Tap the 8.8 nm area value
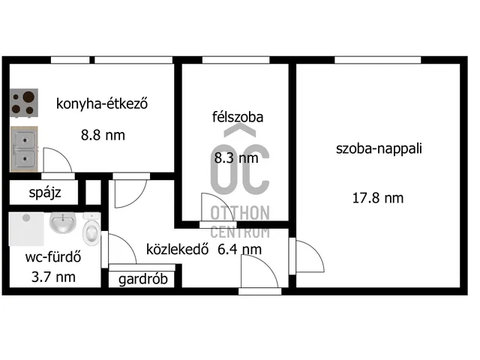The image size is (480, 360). click(103, 136)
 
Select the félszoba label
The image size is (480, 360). click(237, 117)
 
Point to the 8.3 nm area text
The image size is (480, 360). click(237, 157)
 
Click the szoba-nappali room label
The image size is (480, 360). click(379, 148)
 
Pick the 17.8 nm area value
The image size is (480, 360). click(378, 198)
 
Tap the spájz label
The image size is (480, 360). click(43, 193)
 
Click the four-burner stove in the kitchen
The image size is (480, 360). click(24, 103)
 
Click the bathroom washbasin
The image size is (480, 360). click(62, 223)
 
